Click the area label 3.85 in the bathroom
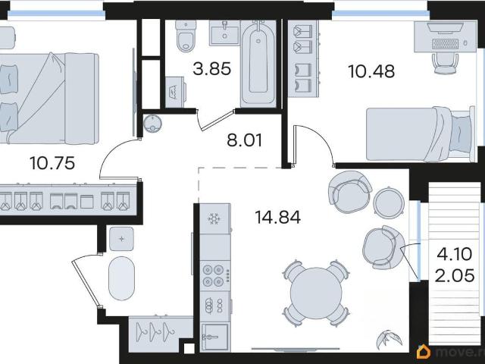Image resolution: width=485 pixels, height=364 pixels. pyautogui.click(x=212, y=69)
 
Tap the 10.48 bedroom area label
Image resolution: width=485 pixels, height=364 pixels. pyautogui.click(x=371, y=71)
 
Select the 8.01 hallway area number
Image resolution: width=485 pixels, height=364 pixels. pyautogui.click(x=244, y=140)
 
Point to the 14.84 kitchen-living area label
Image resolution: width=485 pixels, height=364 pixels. pyautogui.click(x=278, y=217)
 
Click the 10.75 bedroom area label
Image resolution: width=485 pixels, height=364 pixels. pyautogui.click(x=52, y=163)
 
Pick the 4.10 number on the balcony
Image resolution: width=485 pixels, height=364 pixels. pyautogui.click(x=455, y=254)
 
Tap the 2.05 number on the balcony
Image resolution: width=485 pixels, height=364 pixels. pyautogui.click(x=455, y=275)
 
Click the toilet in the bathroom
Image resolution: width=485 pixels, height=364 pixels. pyautogui.click(x=186, y=36)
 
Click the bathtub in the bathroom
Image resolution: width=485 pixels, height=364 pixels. pyautogui.click(x=258, y=64)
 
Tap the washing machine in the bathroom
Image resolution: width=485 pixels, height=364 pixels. pyautogui.click(x=175, y=93)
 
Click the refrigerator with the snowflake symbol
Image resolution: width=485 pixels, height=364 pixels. pyautogui.click(x=214, y=219)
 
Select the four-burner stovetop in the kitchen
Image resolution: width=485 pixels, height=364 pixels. pyautogui.click(x=214, y=275)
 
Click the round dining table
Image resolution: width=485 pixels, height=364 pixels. pyautogui.click(x=316, y=293)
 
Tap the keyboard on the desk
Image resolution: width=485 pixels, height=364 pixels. pyautogui.click(x=446, y=44)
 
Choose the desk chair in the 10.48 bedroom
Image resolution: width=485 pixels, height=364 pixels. pyautogui.click(x=445, y=64)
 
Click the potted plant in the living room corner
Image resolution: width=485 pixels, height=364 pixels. pyautogui.click(x=389, y=340)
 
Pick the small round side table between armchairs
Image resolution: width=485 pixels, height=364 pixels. pyautogui.click(x=389, y=202)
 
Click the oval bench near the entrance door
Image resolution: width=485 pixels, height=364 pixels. pyautogui.click(x=121, y=278)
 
